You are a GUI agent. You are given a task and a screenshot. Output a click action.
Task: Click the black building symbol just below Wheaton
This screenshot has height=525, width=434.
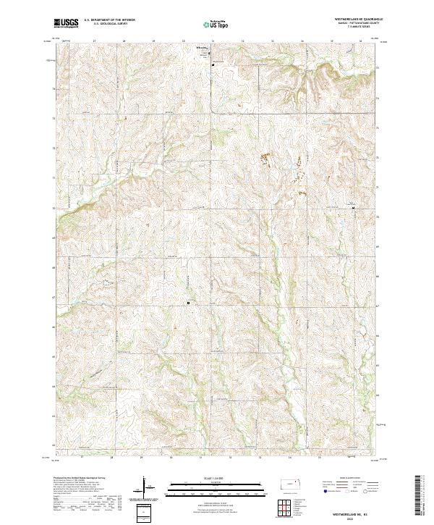click(x=213, y=64)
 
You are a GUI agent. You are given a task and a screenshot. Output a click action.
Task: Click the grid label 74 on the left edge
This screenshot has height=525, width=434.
click(x=54, y=89)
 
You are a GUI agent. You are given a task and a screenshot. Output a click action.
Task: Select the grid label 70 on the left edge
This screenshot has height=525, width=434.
click(x=54, y=208)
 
